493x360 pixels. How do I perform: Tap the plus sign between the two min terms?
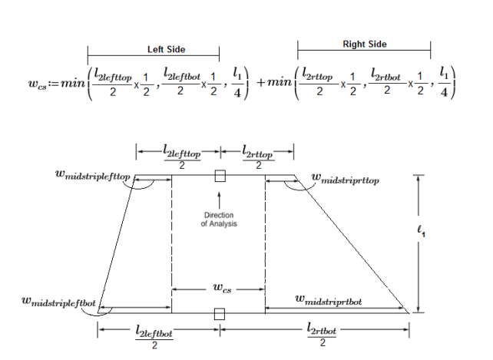[266, 81]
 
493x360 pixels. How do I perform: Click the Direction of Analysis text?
[219, 220]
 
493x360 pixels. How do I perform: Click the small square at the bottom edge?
[220, 313]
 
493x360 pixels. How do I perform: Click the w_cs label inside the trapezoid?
[219, 289]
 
